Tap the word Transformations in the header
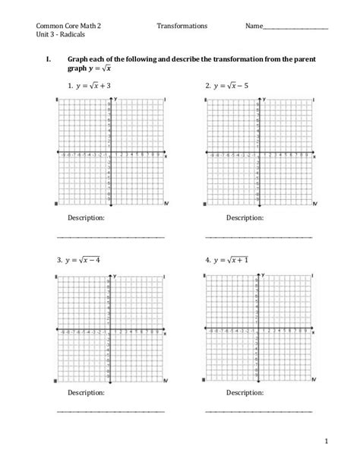(182, 25)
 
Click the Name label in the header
(254, 25)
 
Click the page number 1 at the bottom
(324, 439)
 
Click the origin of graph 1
(111, 153)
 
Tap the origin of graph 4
(259, 329)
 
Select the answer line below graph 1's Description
(112, 236)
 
